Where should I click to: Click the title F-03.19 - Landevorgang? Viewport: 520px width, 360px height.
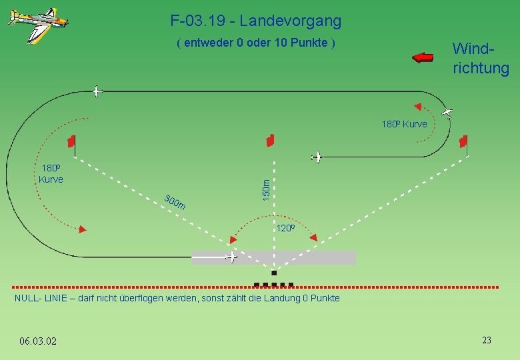(256, 21)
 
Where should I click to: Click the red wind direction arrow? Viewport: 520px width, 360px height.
(423, 57)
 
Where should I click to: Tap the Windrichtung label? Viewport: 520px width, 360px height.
(480, 59)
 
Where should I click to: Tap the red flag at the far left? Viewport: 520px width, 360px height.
(71, 141)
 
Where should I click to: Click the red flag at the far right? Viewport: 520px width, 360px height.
(463, 141)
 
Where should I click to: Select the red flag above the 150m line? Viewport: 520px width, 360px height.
(270, 140)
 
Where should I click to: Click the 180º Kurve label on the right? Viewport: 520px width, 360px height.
(404, 124)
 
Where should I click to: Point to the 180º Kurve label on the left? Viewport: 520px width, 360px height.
(51, 173)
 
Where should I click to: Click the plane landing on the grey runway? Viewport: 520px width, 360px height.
(231, 257)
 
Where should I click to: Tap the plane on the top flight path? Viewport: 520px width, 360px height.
(97, 91)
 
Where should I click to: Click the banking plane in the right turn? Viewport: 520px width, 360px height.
(447, 113)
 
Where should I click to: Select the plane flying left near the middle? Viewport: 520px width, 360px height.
(317, 157)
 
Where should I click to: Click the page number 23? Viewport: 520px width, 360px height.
(487, 340)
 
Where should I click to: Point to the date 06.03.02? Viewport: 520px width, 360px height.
(38, 341)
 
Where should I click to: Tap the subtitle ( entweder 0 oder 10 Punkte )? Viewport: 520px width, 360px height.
(255, 43)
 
